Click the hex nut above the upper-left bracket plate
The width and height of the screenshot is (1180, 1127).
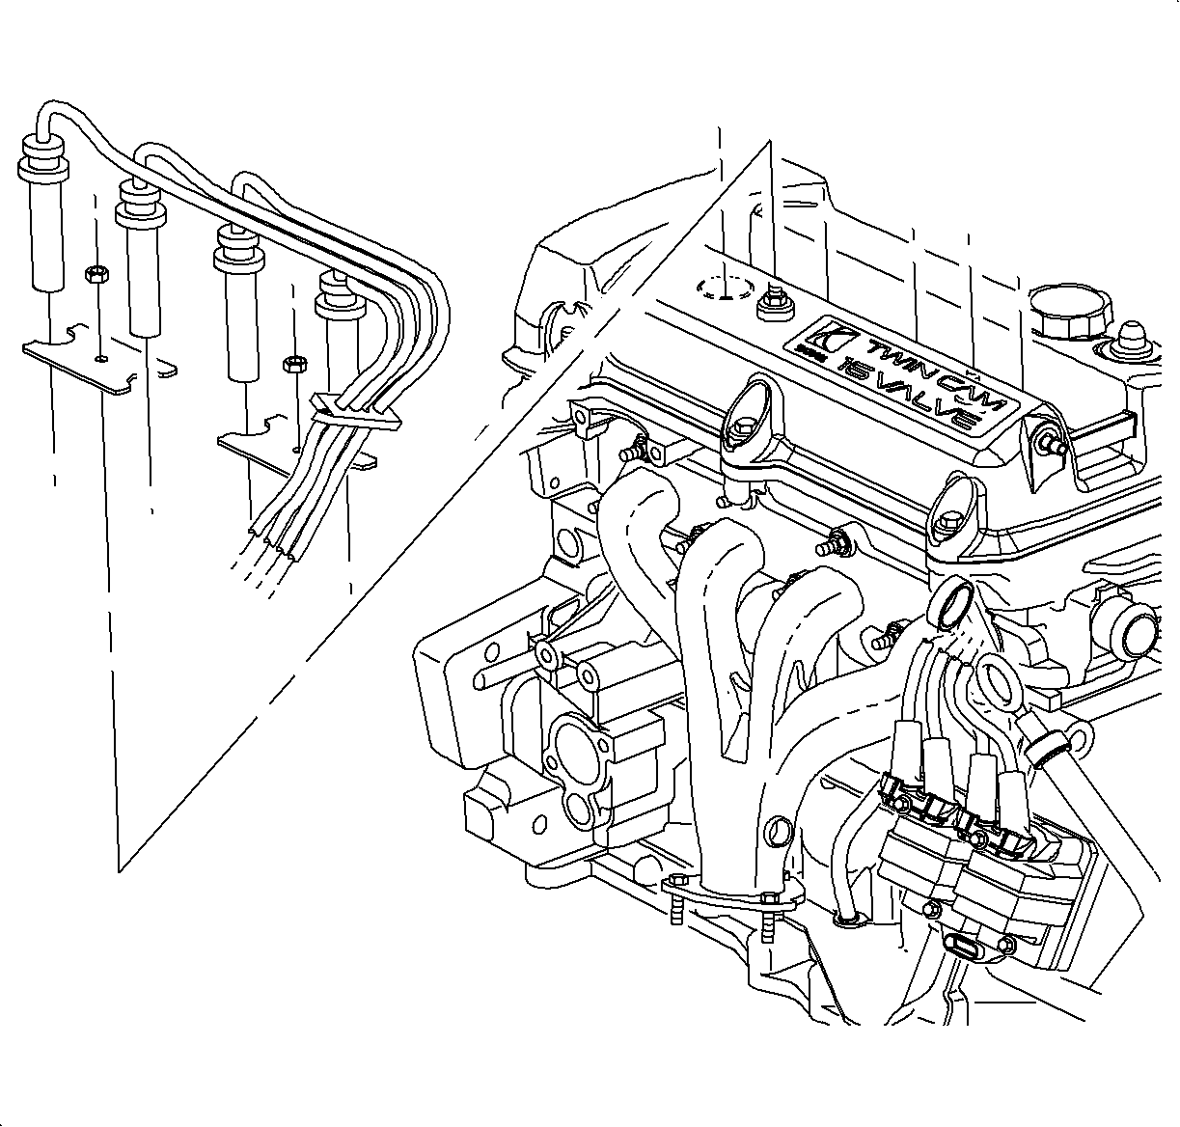coord(95,276)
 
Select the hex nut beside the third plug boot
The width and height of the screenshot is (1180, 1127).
coord(294,365)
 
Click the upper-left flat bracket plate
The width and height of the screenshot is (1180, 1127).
coord(96,362)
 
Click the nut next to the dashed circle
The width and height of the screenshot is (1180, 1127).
coord(775,305)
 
